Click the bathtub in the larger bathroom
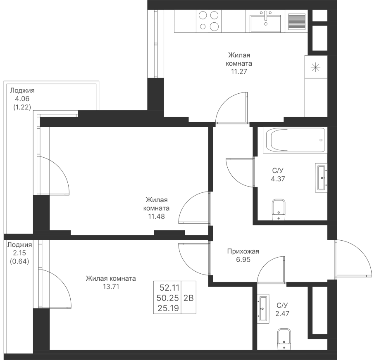pos(295,140)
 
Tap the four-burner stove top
pos(208,21)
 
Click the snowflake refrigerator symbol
pos(316,67)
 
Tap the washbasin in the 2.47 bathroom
pos(262,308)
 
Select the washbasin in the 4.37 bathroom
pos(322,178)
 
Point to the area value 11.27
pos(239,71)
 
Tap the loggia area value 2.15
pos(18,252)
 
